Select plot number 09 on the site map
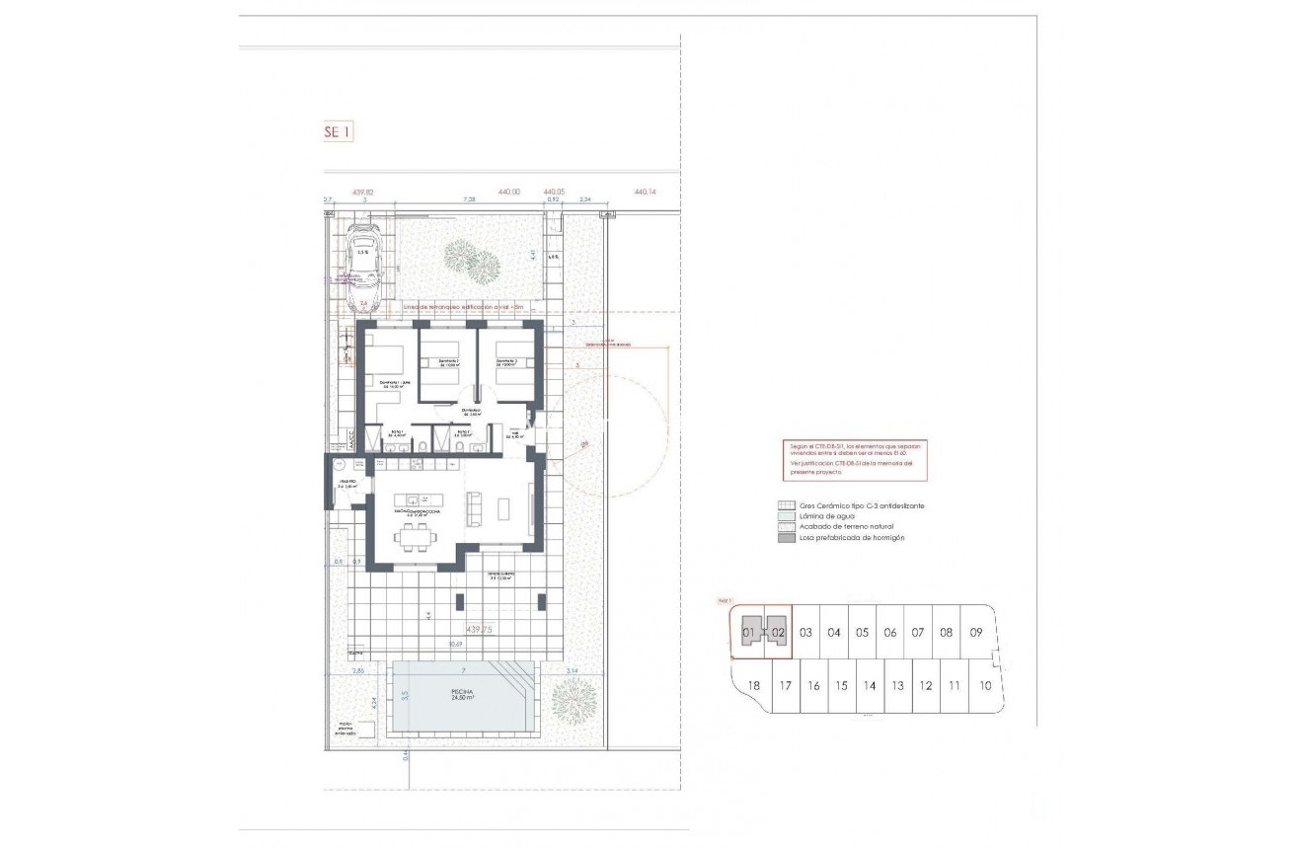click(x=975, y=632)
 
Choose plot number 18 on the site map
click(x=754, y=686)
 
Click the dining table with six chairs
click(x=413, y=535)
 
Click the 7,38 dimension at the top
click(x=470, y=200)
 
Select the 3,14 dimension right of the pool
click(x=572, y=671)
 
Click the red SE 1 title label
click(x=337, y=131)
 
